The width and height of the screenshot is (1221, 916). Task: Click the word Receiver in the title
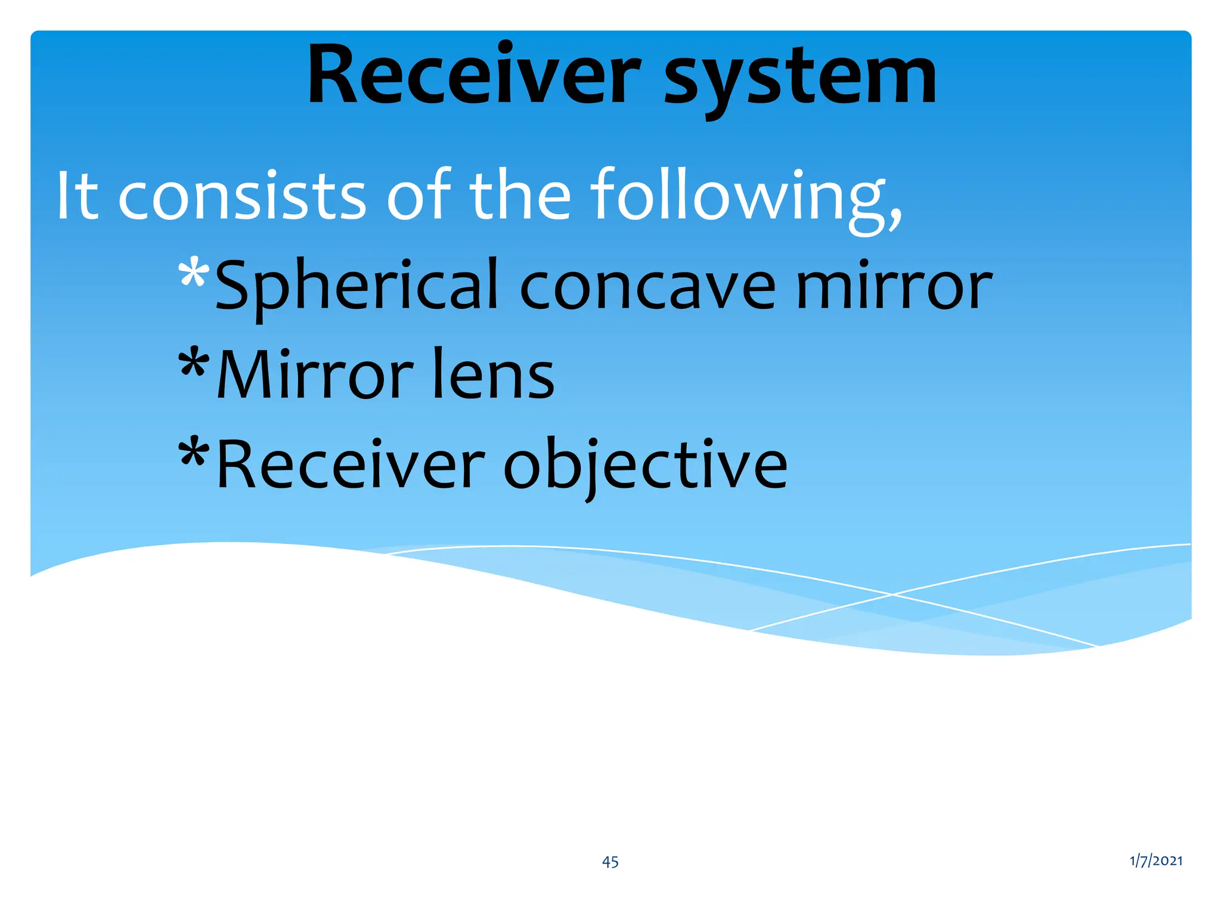[x=474, y=76]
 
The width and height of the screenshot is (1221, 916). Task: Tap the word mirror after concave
[x=894, y=287]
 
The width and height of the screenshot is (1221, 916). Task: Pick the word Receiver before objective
[x=351, y=465]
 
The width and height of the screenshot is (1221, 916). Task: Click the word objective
[x=645, y=465]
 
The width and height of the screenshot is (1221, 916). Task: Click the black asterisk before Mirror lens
[x=194, y=363]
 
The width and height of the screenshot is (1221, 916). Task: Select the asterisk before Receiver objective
[x=194, y=453]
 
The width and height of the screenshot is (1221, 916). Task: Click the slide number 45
[x=610, y=862]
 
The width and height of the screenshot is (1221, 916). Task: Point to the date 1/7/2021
[x=1155, y=861]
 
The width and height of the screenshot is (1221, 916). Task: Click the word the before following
[x=520, y=196]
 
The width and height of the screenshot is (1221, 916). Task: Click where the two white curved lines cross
[x=892, y=594]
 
